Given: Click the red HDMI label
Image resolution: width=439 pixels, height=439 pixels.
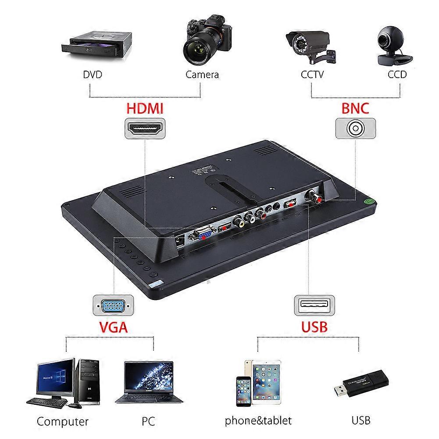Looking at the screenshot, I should [x=145, y=107].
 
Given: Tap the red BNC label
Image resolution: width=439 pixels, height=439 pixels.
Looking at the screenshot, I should [x=355, y=107].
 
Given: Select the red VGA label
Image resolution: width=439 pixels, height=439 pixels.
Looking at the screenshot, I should [x=113, y=326].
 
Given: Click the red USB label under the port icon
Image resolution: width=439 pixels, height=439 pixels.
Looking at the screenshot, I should [x=314, y=326].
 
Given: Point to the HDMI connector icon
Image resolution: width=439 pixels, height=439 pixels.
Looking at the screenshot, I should [x=145, y=128].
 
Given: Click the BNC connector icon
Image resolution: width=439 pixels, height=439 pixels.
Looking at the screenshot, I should [x=355, y=128].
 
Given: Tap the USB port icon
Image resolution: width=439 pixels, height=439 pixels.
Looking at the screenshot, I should [x=314, y=305].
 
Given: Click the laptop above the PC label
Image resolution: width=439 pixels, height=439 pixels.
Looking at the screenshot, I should [x=149, y=382].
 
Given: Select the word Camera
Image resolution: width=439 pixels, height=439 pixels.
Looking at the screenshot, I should [x=202, y=75].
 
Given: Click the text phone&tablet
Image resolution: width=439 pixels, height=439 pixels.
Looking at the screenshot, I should [x=258, y=421].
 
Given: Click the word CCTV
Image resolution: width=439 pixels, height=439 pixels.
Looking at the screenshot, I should [x=312, y=75].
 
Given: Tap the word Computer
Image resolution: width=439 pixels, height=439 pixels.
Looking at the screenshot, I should [x=62, y=422].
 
